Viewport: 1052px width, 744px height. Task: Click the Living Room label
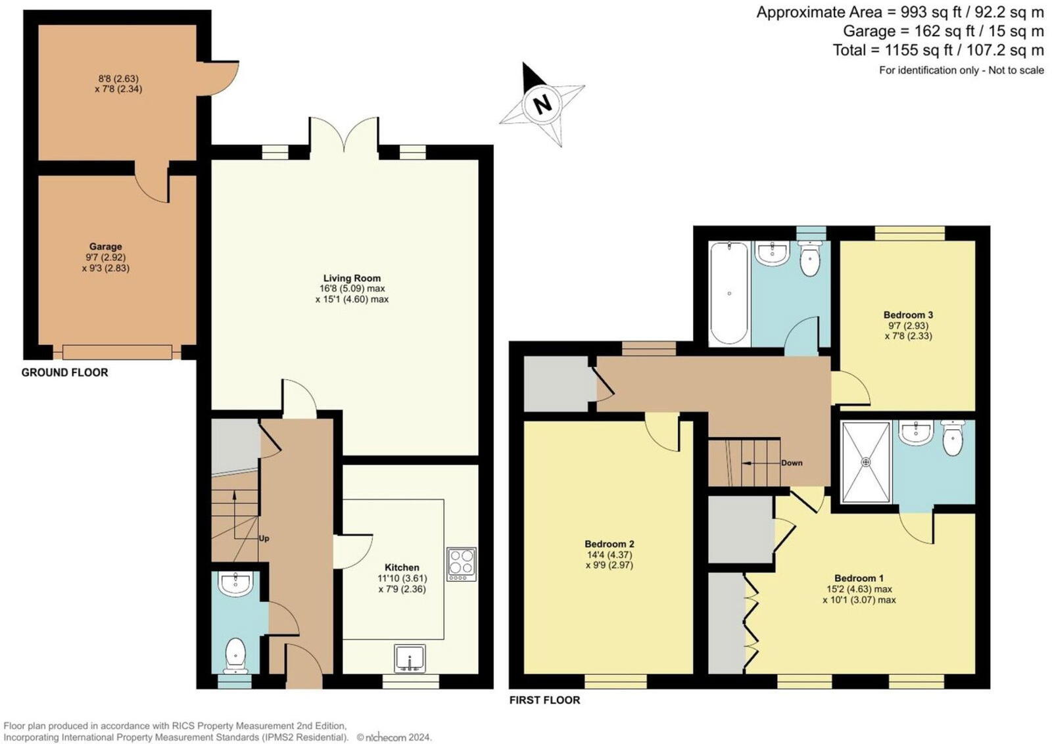pos(352,278)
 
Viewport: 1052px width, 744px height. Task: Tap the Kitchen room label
pos(402,567)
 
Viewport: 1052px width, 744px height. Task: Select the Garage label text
pos(105,246)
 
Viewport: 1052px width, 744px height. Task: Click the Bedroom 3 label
pos(908,315)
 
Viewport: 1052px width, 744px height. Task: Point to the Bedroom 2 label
pos(609,544)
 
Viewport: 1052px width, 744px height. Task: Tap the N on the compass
pos(542,104)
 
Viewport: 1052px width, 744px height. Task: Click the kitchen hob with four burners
pos(461,563)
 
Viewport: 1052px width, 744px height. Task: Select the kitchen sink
pos(410,658)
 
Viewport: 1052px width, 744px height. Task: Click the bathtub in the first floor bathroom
pos(729,292)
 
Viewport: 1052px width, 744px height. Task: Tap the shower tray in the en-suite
pos(866,462)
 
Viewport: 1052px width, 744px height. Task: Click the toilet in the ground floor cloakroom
pos(235,655)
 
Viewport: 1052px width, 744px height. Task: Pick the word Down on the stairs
pos(792,463)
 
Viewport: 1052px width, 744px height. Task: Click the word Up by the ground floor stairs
pos(264,538)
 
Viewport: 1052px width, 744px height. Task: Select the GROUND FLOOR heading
pos(64,372)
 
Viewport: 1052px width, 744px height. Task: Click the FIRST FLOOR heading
pos(544,700)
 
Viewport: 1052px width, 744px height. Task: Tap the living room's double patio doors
pos(344,139)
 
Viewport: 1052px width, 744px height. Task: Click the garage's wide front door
pos(117,352)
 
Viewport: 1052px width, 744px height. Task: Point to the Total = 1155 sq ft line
pos(938,50)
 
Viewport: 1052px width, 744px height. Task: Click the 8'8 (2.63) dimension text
pos(118,78)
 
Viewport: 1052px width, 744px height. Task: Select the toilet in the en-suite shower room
pos(952,438)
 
